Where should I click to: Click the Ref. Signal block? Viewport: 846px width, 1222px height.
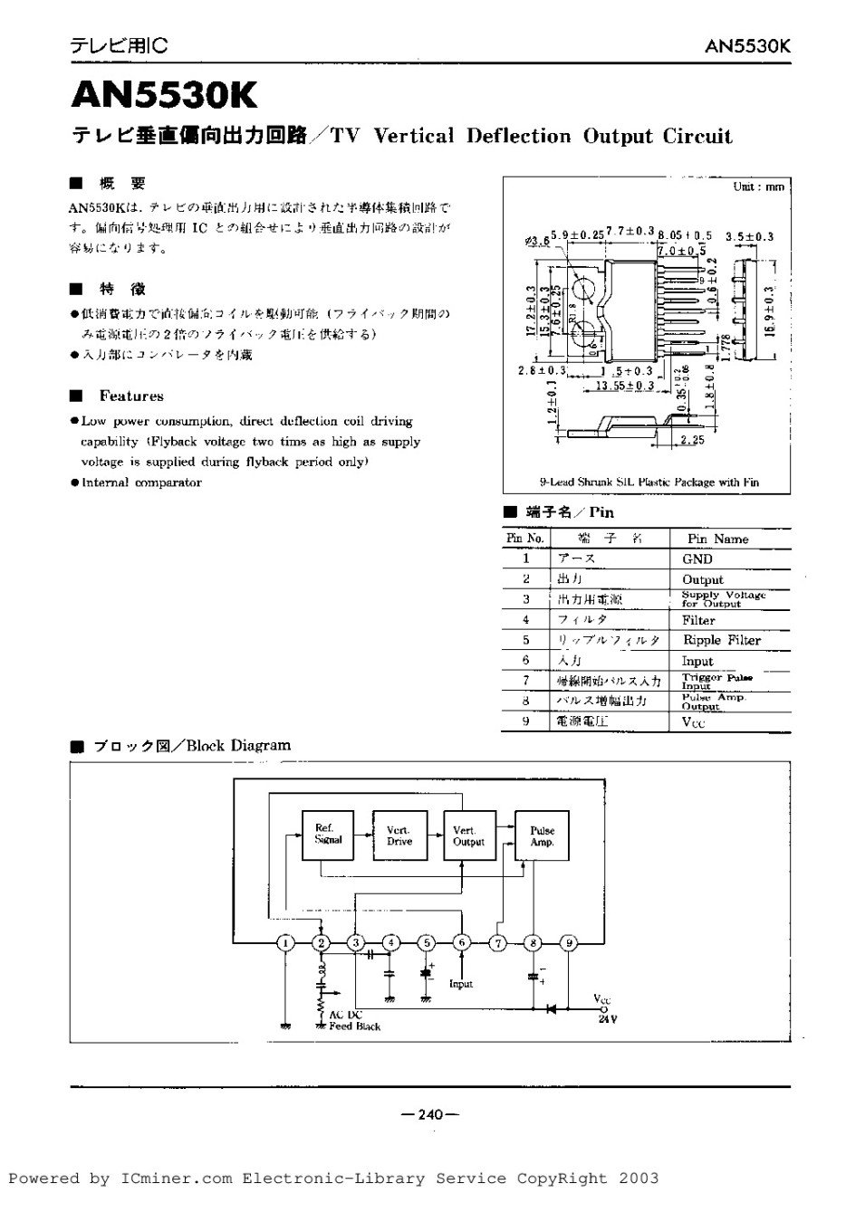pos(327,834)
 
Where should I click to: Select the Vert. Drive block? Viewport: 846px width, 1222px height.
pos(399,835)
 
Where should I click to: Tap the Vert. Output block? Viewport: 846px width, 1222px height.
pos(469,835)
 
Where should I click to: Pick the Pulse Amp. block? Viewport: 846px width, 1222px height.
pos(542,835)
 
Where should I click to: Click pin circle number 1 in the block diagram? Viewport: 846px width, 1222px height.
pos(286,942)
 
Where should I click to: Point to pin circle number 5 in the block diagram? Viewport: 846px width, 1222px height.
pos(426,942)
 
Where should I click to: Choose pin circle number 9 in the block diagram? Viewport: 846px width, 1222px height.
pos(568,942)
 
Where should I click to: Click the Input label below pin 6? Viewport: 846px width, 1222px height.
pos(461,983)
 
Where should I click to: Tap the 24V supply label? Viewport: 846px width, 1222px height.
pos(607,1018)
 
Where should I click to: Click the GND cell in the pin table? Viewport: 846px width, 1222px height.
pos(697,559)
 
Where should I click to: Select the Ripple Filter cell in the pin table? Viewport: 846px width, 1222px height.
pos(722,640)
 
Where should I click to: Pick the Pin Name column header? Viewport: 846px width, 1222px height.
pos(717,539)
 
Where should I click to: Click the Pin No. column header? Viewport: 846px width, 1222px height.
pos(525,539)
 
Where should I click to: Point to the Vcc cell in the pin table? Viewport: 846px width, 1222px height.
pos(693,722)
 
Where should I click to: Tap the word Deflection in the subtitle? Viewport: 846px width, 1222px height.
pos(519,137)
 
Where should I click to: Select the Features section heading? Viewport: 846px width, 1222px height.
pos(131,396)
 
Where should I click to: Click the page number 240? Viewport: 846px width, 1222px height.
pos(430,1114)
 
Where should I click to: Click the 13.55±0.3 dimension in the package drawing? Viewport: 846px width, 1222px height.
pos(625,386)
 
